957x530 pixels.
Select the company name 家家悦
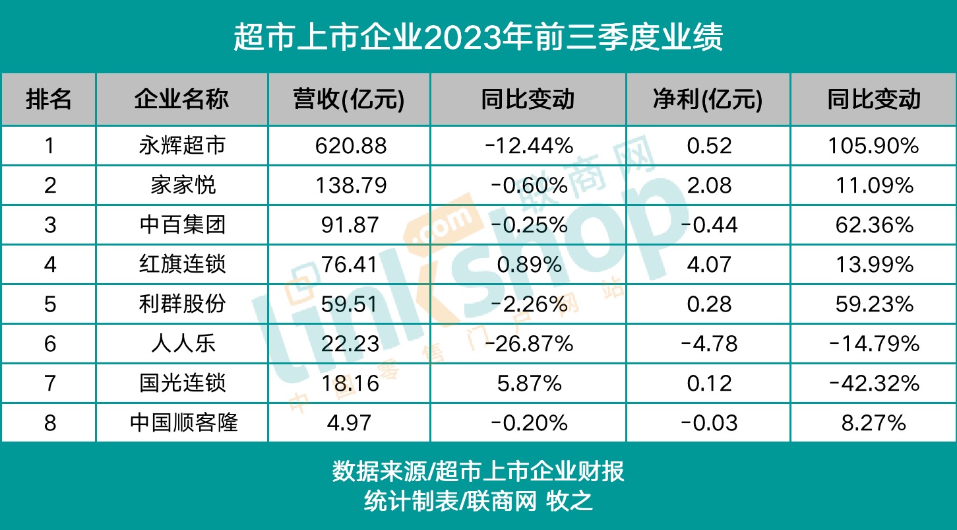(x=183, y=185)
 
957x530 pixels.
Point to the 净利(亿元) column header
(x=708, y=99)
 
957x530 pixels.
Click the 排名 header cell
(x=49, y=99)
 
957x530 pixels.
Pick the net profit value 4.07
(x=709, y=265)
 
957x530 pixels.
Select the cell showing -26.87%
(x=529, y=344)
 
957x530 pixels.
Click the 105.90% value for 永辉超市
(x=873, y=146)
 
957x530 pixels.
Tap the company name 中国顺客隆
(x=183, y=423)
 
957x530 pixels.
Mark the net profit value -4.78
(x=709, y=344)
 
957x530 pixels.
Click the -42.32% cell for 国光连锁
(x=873, y=383)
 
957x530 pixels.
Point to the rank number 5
(x=50, y=304)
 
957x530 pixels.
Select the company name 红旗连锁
(x=183, y=265)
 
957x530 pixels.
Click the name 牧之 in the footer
(x=570, y=502)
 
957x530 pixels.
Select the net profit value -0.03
(x=709, y=423)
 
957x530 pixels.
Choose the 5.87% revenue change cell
(x=529, y=383)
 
